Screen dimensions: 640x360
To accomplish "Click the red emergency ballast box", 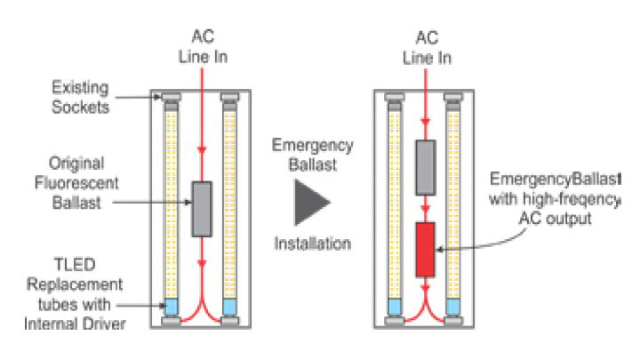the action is [425, 250].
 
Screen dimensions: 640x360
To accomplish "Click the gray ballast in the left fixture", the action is [202, 209].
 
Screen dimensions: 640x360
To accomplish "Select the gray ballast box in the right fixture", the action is [426, 167].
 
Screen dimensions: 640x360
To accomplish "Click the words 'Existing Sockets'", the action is [80, 98].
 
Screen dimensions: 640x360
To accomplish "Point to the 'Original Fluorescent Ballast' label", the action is [76, 183].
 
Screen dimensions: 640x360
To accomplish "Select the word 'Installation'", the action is [313, 244].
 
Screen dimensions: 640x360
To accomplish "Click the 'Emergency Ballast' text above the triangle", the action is [313, 155].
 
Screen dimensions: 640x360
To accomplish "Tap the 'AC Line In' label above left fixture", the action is [203, 46].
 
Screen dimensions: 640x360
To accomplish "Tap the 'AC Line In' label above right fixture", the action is [427, 48].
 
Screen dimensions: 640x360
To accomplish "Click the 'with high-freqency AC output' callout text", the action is [555, 209].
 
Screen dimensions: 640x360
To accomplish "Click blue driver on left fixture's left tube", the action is [171, 307].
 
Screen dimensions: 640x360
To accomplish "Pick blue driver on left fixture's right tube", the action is [230, 307].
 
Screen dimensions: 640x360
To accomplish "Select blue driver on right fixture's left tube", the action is [395, 307].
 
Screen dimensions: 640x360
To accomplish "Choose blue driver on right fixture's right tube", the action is [453, 307].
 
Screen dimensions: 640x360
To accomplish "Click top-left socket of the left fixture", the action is [171, 97].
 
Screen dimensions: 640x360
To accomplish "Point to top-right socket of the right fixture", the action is [453, 97].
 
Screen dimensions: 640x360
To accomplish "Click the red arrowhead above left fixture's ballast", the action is [202, 149].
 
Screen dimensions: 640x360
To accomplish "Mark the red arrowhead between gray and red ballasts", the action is [425, 209].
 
